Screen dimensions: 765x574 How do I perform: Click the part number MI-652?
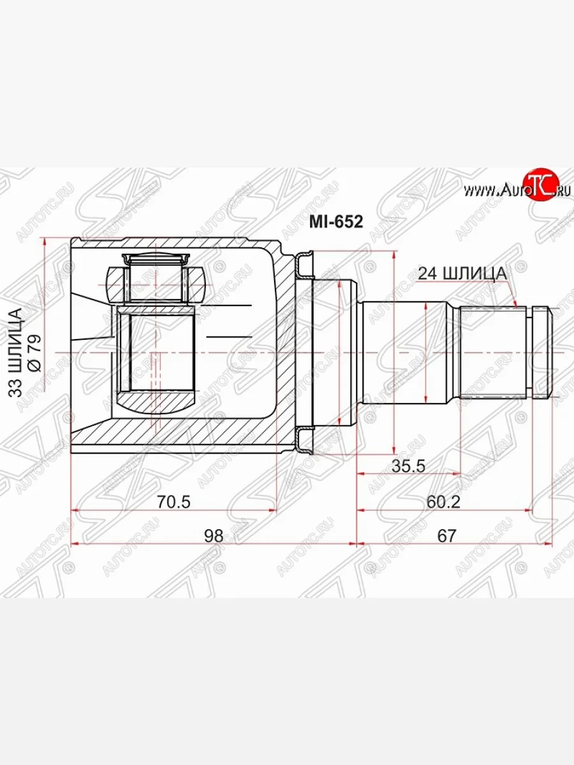[x=336, y=222]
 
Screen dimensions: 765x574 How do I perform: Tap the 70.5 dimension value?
[x=174, y=502]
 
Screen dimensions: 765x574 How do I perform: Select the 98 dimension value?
[x=214, y=535]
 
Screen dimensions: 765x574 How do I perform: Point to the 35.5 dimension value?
[x=408, y=466]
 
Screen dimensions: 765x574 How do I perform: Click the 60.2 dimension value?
[x=443, y=502]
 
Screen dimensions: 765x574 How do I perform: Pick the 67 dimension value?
[x=446, y=535]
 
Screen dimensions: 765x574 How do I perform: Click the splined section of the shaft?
[x=491, y=353]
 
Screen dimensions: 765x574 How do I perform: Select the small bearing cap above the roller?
[x=156, y=259]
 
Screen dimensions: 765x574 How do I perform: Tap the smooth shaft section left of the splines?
[x=408, y=353]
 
